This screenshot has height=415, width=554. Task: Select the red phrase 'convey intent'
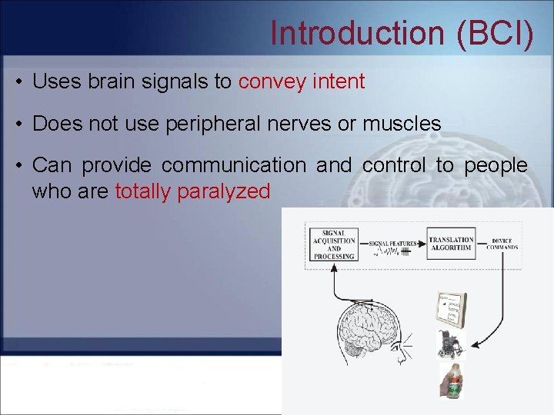coord(302,82)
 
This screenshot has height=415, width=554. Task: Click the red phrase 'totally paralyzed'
coord(192,191)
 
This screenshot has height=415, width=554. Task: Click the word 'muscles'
coord(401,124)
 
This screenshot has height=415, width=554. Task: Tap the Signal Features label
coord(393,244)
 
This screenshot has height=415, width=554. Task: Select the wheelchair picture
coord(450,344)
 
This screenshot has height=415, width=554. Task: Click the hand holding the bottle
coord(452,382)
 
